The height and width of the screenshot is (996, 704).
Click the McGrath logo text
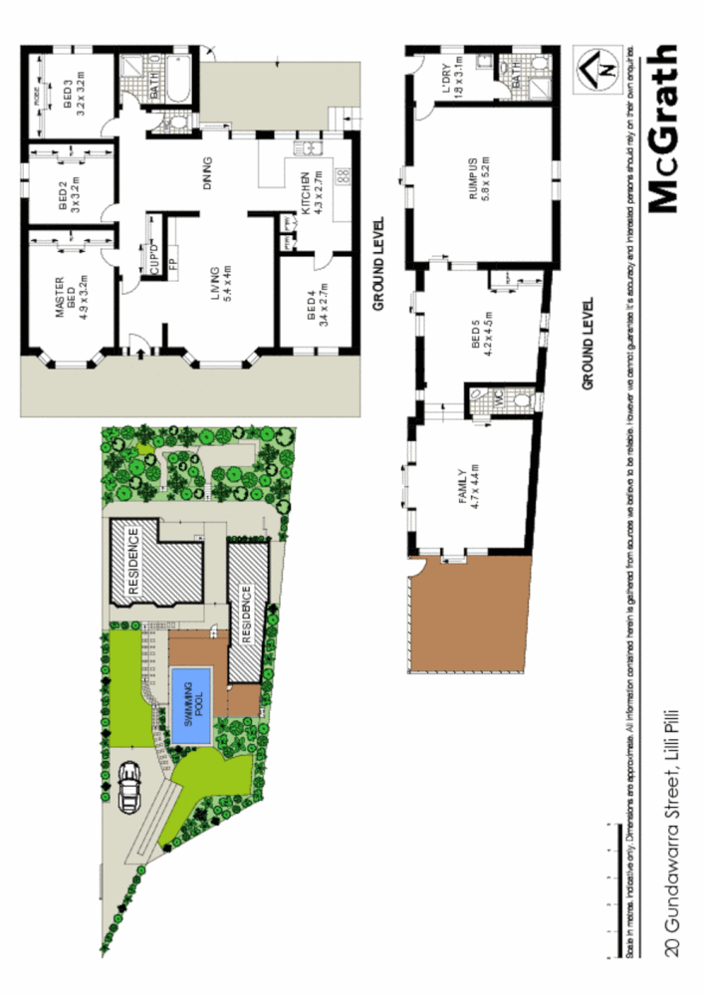pyautogui.click(x=664, y=129)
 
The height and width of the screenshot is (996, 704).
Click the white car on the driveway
pyautogui.click(x=128, y=787)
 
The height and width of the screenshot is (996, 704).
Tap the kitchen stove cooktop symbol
pyautogui.click(x=342, y=175)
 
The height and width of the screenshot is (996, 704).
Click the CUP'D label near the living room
pyautogui.click(x=152, y=258)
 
